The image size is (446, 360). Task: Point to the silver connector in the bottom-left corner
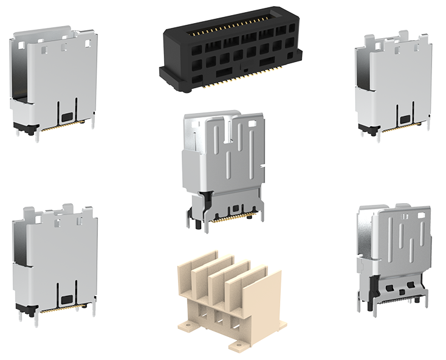coord(55,261)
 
